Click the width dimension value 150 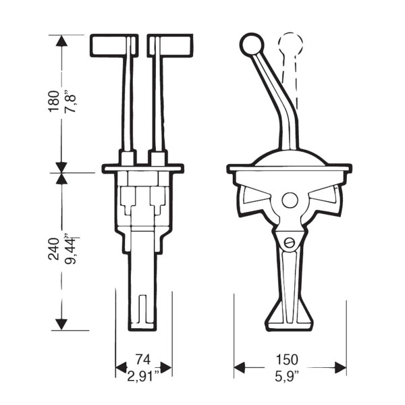tap(290, 358)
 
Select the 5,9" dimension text tap(290, 372)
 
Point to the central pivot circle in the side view tap(290, 200)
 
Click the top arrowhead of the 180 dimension tap(61, 40)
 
